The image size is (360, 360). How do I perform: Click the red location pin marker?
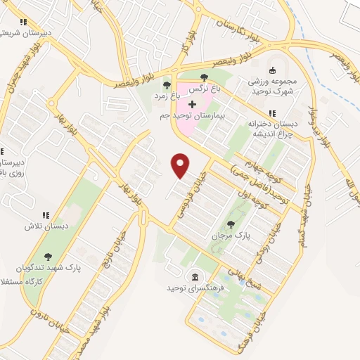point(181,165)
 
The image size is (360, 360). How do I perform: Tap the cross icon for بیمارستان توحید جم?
point(193,104)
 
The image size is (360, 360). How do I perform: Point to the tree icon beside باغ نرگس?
point(204,77)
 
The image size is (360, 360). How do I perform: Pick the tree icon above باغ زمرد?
point(167,86)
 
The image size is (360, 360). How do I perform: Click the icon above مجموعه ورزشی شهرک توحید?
point(274,70)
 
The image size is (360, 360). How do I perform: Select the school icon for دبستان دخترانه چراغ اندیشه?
point(271,113)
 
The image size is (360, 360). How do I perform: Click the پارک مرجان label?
point(231,236)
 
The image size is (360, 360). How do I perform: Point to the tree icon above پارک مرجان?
point(231,224)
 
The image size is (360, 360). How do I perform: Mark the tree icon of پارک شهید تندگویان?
point(48,258)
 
